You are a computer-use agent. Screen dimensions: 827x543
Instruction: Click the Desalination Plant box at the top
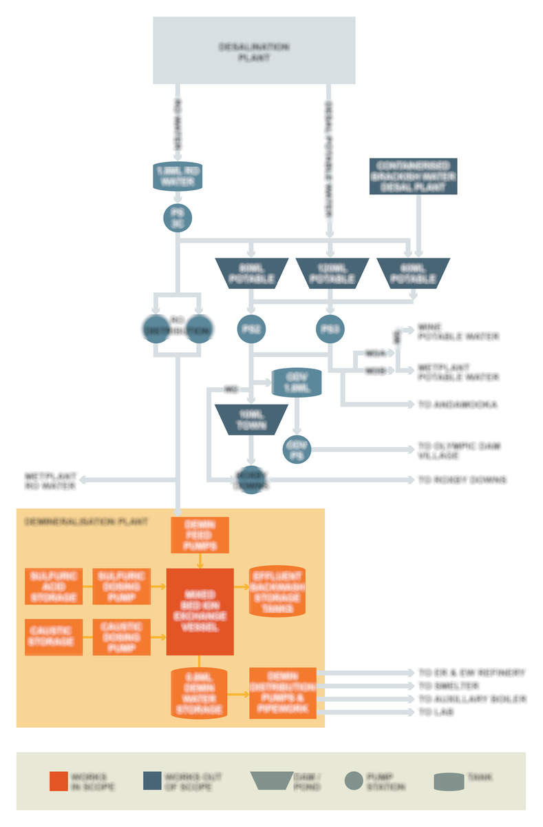click(x=253, y=50)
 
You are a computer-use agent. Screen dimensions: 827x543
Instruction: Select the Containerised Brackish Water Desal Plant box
click(x=413, y=176)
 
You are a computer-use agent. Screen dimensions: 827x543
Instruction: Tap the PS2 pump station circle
click(x=251, y=329)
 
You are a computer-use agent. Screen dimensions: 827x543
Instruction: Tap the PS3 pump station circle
click(x=330, y=329)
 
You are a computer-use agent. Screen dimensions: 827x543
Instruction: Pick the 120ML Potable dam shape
click(x=332, y=273)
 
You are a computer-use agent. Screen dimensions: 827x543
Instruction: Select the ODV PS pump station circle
click(x=297, y=449)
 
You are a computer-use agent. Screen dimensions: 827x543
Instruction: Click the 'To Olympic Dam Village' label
click(x=459, y=451)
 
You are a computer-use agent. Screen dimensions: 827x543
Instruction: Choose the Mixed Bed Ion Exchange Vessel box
click(x=200, y=611)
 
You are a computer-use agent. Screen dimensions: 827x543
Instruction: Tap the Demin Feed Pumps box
click(x=200, y=535)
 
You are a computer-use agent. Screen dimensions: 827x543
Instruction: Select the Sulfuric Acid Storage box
click(x=54, y=586)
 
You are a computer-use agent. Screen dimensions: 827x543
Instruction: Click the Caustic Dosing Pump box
click(x=121, y=637)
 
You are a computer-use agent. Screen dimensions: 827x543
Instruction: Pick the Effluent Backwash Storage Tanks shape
click(x=277, y=591)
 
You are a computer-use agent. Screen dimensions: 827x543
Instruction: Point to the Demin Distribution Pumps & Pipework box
click(x=282, y=693)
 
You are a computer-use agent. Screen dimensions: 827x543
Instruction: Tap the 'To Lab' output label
click(x=436, y=712)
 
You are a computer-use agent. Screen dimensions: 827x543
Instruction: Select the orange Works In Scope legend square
click(x=58, y=781)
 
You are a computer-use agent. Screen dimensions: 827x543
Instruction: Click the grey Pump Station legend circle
click(x=354, y=781)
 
